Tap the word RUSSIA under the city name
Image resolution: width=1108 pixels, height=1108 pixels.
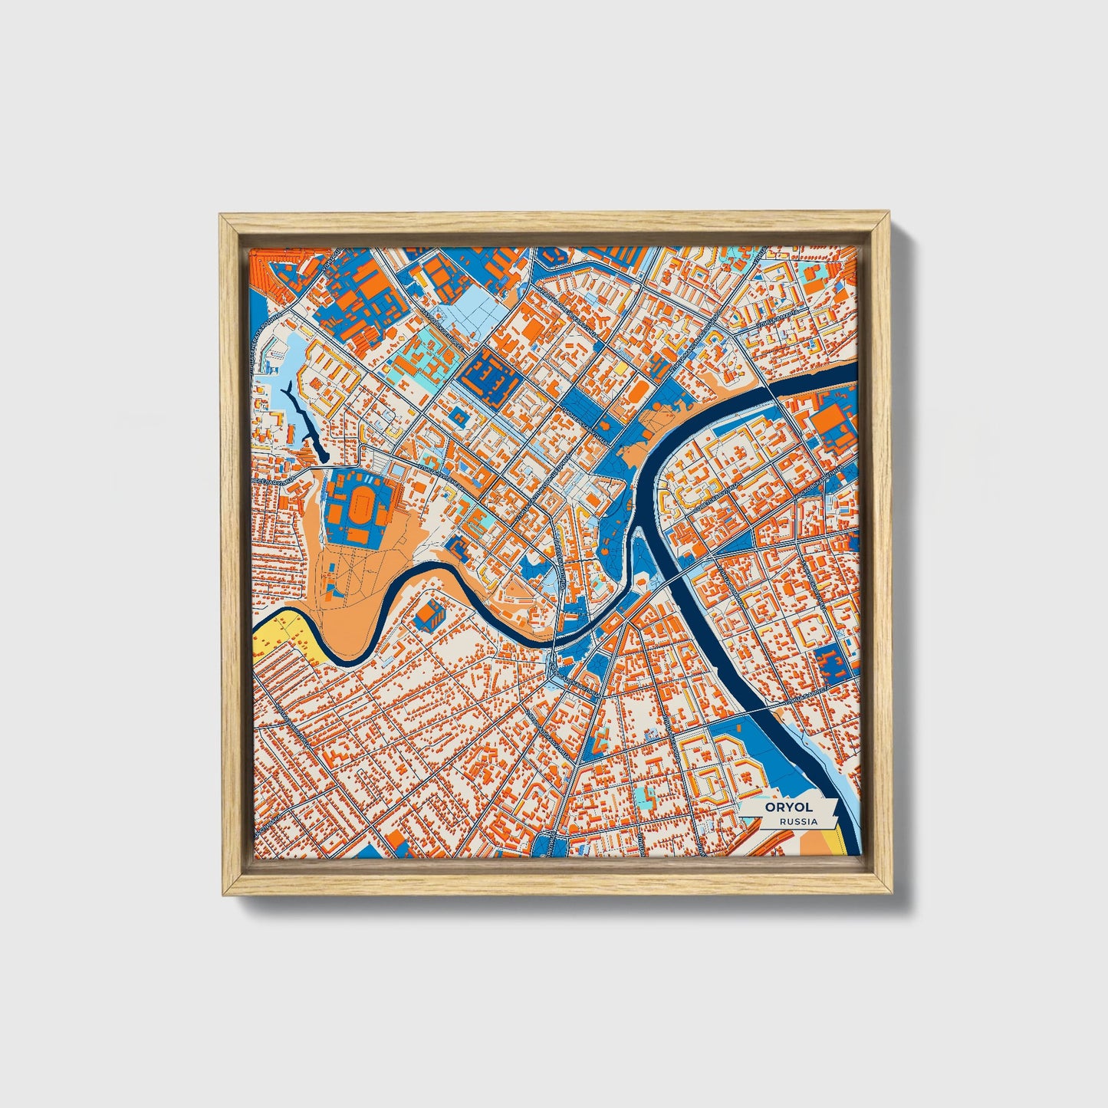(x=797, y=821)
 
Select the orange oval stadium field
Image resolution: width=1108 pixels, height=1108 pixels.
(x=359, y=508)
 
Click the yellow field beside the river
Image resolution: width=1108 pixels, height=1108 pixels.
(x=280, y=636)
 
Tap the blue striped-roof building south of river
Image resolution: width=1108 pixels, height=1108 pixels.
(x=429, y=612)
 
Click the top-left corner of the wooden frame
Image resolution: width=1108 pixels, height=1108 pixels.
(x=222, y=218)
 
